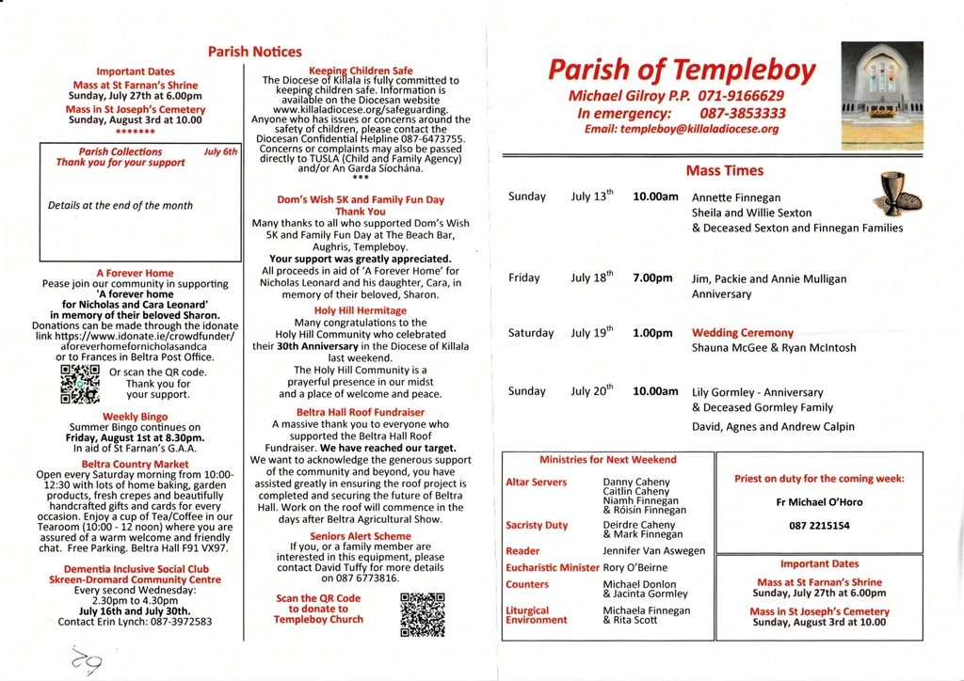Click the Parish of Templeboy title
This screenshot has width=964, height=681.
682,70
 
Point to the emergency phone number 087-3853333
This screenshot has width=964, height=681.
742,113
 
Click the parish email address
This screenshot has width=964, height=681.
682,129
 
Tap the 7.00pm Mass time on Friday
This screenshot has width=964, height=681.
652,278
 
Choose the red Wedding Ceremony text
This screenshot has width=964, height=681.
742,333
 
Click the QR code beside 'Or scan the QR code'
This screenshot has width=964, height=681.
79,383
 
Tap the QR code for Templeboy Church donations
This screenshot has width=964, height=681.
422,613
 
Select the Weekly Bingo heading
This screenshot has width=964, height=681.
135,417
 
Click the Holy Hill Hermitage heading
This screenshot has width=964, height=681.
361,310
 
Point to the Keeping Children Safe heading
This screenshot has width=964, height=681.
361,71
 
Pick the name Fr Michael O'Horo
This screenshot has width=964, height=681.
819,502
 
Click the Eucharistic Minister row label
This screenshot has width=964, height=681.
552,567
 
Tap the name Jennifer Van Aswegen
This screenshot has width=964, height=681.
653,551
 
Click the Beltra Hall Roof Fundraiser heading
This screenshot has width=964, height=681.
361,412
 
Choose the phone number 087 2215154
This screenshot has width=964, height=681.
819,527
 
